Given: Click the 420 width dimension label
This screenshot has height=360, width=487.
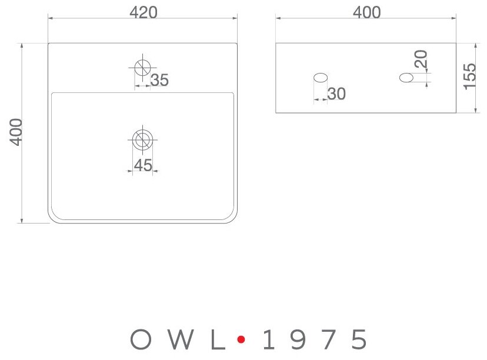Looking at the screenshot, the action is click(x=144, y=12).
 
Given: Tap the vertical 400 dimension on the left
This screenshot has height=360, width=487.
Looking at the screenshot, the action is click(x=16, y=132).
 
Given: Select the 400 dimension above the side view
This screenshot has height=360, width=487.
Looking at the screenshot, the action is click(x=366, y=12).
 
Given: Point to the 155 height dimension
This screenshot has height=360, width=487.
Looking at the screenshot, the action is click(x=470, y=76).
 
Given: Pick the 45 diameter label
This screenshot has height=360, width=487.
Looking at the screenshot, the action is click(x=143, y=166).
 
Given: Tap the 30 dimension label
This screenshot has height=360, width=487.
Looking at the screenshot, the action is click(x=336, y=94).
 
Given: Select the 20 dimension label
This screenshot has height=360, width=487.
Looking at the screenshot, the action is click(x=421, y=60).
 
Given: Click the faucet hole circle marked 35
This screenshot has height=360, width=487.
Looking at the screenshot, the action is click(x=142, y=66).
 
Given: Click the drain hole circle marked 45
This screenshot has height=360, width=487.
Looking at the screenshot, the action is click(x=142, y=139).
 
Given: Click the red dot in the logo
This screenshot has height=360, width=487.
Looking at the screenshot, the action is click(x=240, y=339).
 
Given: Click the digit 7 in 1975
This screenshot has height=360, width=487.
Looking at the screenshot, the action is click(x=328, y=339).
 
